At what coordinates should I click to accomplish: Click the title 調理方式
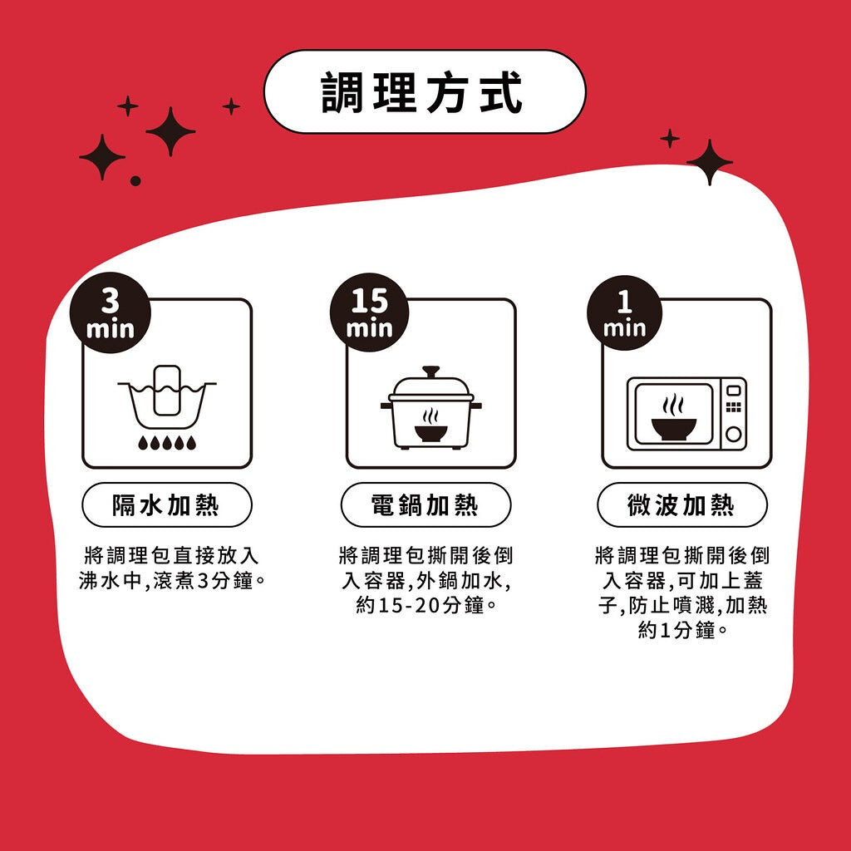click(421, 92)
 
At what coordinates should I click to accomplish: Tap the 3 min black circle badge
click(111, 312)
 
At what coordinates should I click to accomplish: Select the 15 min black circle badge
click(369, 312)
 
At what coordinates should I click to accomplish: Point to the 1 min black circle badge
click(624, 312)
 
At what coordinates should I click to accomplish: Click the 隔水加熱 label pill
click(166, 504)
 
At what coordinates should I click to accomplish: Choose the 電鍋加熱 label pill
click(425, 504)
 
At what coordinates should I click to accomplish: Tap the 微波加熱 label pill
click(682, 504)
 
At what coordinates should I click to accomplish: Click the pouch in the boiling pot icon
click(167, 391)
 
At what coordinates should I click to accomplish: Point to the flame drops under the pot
click(167, 443)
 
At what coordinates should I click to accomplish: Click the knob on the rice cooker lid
click(431, 371)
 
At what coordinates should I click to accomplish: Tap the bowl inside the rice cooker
click(431, 432)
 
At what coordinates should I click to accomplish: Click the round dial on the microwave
click(733, 434)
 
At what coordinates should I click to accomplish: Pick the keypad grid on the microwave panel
click(733, 407)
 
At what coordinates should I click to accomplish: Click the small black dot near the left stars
click(135, 180)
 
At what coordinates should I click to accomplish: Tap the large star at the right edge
click(710, 162)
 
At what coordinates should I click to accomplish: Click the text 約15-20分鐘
click(425, 605)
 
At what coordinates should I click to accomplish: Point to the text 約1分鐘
click(682, 630)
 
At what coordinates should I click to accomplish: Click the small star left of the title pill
click(231, 106)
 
